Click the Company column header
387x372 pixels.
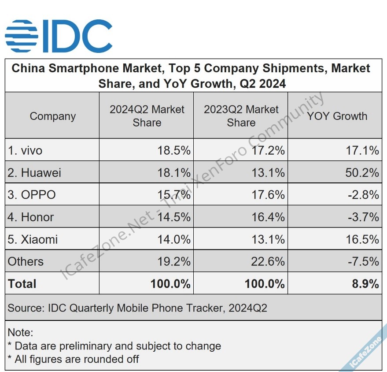click(x=53, y=116)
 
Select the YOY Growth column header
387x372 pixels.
click(x=337, y=116)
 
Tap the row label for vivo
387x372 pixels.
click(x=25, y=151)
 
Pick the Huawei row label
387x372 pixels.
click(x=34, y=173)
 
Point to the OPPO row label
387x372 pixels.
click(x=32, y=195)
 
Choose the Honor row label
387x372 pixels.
click(x=31, y=217)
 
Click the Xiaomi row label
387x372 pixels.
click(x=33, y=239)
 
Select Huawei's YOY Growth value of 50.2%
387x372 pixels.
click(x=362, y=173)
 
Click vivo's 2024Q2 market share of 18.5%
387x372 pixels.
click(x=174, y=151)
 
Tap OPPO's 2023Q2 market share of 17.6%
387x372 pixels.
click(x=268, y=195)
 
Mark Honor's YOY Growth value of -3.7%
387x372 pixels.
click(x=364, y=217)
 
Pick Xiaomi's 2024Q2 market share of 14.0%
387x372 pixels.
click(x=174, y=239)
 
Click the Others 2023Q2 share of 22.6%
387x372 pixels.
click(x=268, y=261)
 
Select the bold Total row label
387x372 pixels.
click(x=22, y=284)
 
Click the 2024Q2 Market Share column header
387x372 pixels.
click(x=147, y=116)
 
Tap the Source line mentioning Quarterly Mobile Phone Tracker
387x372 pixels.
click(x=137, y=308)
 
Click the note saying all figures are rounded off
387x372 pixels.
click(x=73, y=359)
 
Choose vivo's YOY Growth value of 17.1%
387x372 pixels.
click(x=362, y=151)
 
